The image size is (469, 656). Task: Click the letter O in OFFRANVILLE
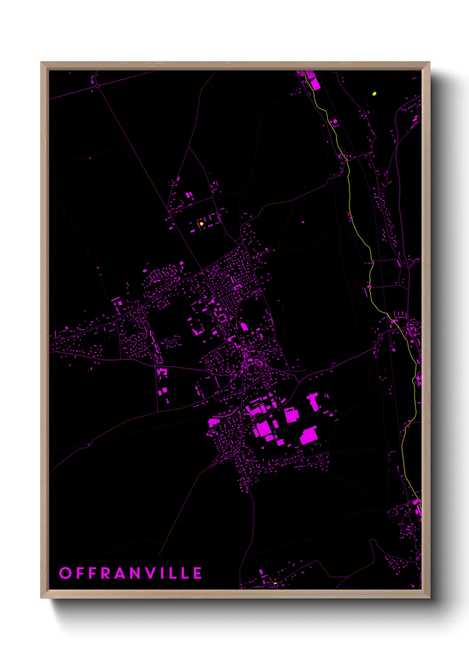point(65,573)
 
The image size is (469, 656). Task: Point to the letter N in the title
point(137,573)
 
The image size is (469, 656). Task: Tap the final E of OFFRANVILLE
point(198,573)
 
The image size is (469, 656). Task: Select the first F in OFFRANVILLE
point(80,573)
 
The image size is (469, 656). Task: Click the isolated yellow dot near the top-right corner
point(375,94)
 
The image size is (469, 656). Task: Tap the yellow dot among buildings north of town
point(201,223)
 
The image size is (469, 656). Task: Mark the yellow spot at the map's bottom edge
point(275,583)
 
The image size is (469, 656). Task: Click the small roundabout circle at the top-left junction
point(97,85)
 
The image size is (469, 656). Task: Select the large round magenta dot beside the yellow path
point(335,121)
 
